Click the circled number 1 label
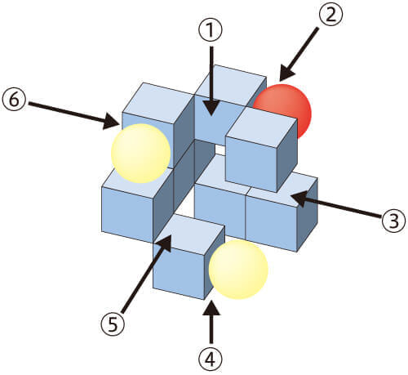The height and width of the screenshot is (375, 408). (x=211, y=30)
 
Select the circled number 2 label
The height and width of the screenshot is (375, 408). (x=330, y=14)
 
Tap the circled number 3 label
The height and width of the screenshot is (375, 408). (x=393, y=221)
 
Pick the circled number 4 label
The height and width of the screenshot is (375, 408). (x=211, y=359)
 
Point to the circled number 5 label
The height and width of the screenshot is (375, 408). (x=113, y=324)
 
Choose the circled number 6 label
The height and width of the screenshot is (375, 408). (x=14, y=99)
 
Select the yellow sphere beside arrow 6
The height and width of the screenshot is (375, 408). (x=141, y=154)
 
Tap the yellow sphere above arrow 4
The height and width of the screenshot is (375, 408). (x=238, y=270)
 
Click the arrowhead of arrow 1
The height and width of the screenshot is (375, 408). (x=211, y=109)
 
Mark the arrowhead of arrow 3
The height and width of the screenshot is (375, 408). (x=299, y=199)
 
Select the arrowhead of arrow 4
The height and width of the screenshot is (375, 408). (x=211, y=308)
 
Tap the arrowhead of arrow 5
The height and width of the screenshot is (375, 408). (x=165, y=243)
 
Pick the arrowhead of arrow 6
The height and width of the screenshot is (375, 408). (x=113, y=121)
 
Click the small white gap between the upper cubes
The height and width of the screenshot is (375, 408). (x=220, y=150)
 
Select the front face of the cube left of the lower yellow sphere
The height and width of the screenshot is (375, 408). (x=179, y=271)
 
